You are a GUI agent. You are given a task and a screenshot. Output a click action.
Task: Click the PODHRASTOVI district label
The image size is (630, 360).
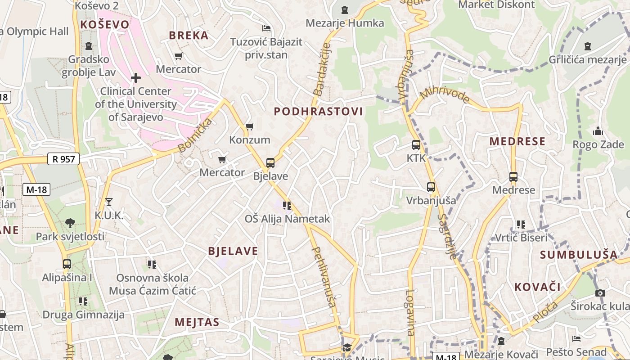click(x=318, y=112)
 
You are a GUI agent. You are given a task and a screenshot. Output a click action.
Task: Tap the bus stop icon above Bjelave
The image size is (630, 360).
click(x=270, y=163)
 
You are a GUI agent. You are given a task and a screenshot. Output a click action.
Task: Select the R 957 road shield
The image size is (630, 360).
click(x=63, y=159)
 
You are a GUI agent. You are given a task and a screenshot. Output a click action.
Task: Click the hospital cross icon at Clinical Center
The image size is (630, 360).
click(x=135, y=78)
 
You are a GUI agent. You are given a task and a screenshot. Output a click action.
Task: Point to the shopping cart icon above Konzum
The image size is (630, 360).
click(x=249, y=127)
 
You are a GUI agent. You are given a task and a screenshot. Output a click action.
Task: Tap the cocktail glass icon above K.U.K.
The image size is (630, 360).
click(x=108, y=202)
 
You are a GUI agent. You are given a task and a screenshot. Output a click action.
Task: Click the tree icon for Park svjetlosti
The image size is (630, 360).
click(x=70, y=223)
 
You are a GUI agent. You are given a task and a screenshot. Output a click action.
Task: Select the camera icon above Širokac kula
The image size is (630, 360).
click(x=600, y=293)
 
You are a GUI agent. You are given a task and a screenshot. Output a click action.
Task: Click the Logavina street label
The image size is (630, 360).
click(x=410, y=312)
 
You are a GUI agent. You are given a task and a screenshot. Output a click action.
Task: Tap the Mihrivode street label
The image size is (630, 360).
click(x=445, y=95)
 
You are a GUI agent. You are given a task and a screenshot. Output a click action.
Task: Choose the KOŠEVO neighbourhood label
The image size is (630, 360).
click(x=104, y=25)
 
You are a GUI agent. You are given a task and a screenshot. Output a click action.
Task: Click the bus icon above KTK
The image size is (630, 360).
click(x=416, y=145)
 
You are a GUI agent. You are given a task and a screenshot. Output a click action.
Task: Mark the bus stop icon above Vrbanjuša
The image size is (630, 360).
click(x=431, y=187)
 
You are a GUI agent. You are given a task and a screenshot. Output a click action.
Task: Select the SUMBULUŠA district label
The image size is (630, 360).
click(x=579, y=255)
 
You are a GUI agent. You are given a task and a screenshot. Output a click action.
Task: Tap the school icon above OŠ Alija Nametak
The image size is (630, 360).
click(x=287, y=206)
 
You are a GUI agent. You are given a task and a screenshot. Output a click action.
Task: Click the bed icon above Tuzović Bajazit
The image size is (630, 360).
click(x=266, y=28)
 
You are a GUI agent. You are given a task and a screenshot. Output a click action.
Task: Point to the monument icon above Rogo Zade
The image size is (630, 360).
click(x=598, y=131)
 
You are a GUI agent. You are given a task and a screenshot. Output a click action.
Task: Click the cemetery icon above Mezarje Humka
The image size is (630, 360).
click(x=345, y=10)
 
